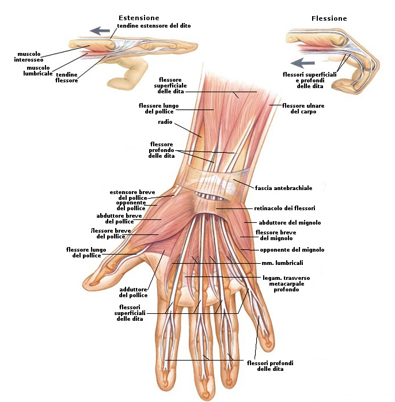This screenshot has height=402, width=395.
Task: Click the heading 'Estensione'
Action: coord(139,18)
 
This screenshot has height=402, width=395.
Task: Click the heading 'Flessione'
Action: coord(329,18)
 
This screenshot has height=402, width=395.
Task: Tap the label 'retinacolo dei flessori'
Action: coord(284,208)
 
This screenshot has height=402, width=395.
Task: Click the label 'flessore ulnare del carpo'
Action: coord(303,108)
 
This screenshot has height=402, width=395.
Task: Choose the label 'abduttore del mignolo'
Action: coord(290,222)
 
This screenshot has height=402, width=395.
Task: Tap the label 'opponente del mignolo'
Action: coord(292,250)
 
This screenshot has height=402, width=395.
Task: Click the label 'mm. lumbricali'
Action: coord(282,263)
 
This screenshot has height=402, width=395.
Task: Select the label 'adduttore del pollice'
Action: coord(134,292)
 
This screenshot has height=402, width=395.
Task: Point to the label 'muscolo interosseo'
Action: coord(29,57)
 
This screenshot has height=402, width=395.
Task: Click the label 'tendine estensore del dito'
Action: coord(154,26)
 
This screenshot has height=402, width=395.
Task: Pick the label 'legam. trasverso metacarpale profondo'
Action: coord(286,283)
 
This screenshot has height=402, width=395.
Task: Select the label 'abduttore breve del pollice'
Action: coord(119,218)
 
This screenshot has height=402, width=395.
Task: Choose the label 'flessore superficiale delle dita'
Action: coord(169,85)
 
